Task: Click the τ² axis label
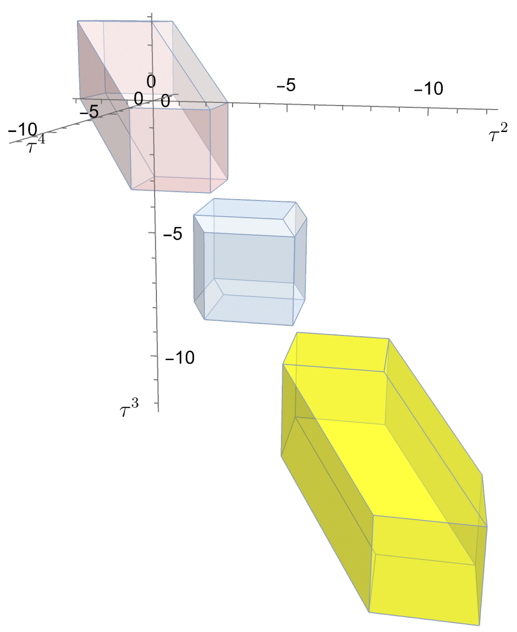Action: pos(498,132)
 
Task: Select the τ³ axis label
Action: pos(129,408)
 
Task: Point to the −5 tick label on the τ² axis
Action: pos(286,85)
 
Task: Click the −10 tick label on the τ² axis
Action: pos(428,88)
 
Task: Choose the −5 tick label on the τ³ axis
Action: pos(173,234)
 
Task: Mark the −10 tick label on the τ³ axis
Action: pos(180,357)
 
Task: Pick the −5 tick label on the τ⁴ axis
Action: pos(89,111)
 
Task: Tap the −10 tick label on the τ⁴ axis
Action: pos(22,130)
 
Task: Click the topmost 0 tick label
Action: pos(151,82)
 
